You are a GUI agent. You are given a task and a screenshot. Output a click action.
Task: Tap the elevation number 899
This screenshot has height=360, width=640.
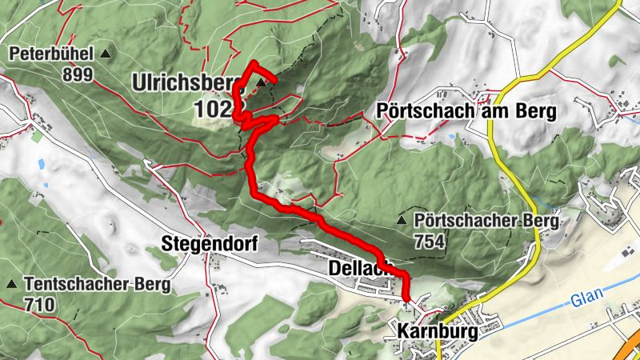(78, 75)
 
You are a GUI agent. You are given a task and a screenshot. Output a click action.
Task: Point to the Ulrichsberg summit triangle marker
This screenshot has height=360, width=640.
(261, 82)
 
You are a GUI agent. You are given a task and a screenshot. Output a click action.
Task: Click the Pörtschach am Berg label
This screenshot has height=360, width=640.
(466, 112)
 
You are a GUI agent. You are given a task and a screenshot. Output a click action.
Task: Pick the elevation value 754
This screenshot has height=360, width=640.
(430, 240)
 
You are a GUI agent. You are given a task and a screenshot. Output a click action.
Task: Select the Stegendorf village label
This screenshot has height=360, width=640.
(210, 243)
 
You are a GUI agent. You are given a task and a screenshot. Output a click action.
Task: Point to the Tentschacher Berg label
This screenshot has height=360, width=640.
(97, 284)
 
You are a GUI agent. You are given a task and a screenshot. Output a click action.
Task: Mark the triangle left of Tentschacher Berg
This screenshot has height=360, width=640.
(11, 284)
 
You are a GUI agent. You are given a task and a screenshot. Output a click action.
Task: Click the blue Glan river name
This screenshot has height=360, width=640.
(585, 302)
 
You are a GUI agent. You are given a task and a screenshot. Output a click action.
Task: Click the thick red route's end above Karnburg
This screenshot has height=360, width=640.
(407, 299)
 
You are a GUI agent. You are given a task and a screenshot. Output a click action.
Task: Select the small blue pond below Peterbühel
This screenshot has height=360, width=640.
(42, 165)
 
